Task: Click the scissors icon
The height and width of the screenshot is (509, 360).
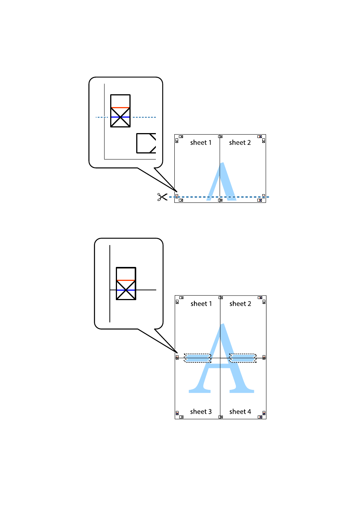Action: (162, 197)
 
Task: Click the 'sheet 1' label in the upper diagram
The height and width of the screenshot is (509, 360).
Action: (201, 143)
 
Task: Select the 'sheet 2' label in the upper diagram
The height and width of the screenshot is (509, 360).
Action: (240, 143)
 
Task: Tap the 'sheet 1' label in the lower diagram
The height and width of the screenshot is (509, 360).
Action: (201, 304)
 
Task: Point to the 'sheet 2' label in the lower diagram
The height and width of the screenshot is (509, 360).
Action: (240, 304)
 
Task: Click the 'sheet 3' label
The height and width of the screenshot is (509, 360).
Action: (201, 412)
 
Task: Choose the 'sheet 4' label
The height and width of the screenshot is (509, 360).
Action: (240, 412)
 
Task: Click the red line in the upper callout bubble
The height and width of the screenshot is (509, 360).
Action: (120, 108)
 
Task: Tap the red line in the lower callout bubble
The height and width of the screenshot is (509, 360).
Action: (126, 281)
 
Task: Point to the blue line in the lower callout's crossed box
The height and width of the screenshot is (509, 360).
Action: (126, 290)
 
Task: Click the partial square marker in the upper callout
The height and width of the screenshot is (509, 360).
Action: (146, 143)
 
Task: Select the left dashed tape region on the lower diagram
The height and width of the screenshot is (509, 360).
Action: (197, 358)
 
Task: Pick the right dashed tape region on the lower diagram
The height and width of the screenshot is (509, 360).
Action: (243, 358)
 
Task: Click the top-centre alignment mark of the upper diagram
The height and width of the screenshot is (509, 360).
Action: (220, 136)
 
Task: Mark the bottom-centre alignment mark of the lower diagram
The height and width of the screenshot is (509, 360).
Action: (221, 417)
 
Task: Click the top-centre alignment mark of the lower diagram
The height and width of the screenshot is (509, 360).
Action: (221, 298)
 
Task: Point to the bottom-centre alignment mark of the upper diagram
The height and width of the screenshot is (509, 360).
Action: (220, 201)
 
